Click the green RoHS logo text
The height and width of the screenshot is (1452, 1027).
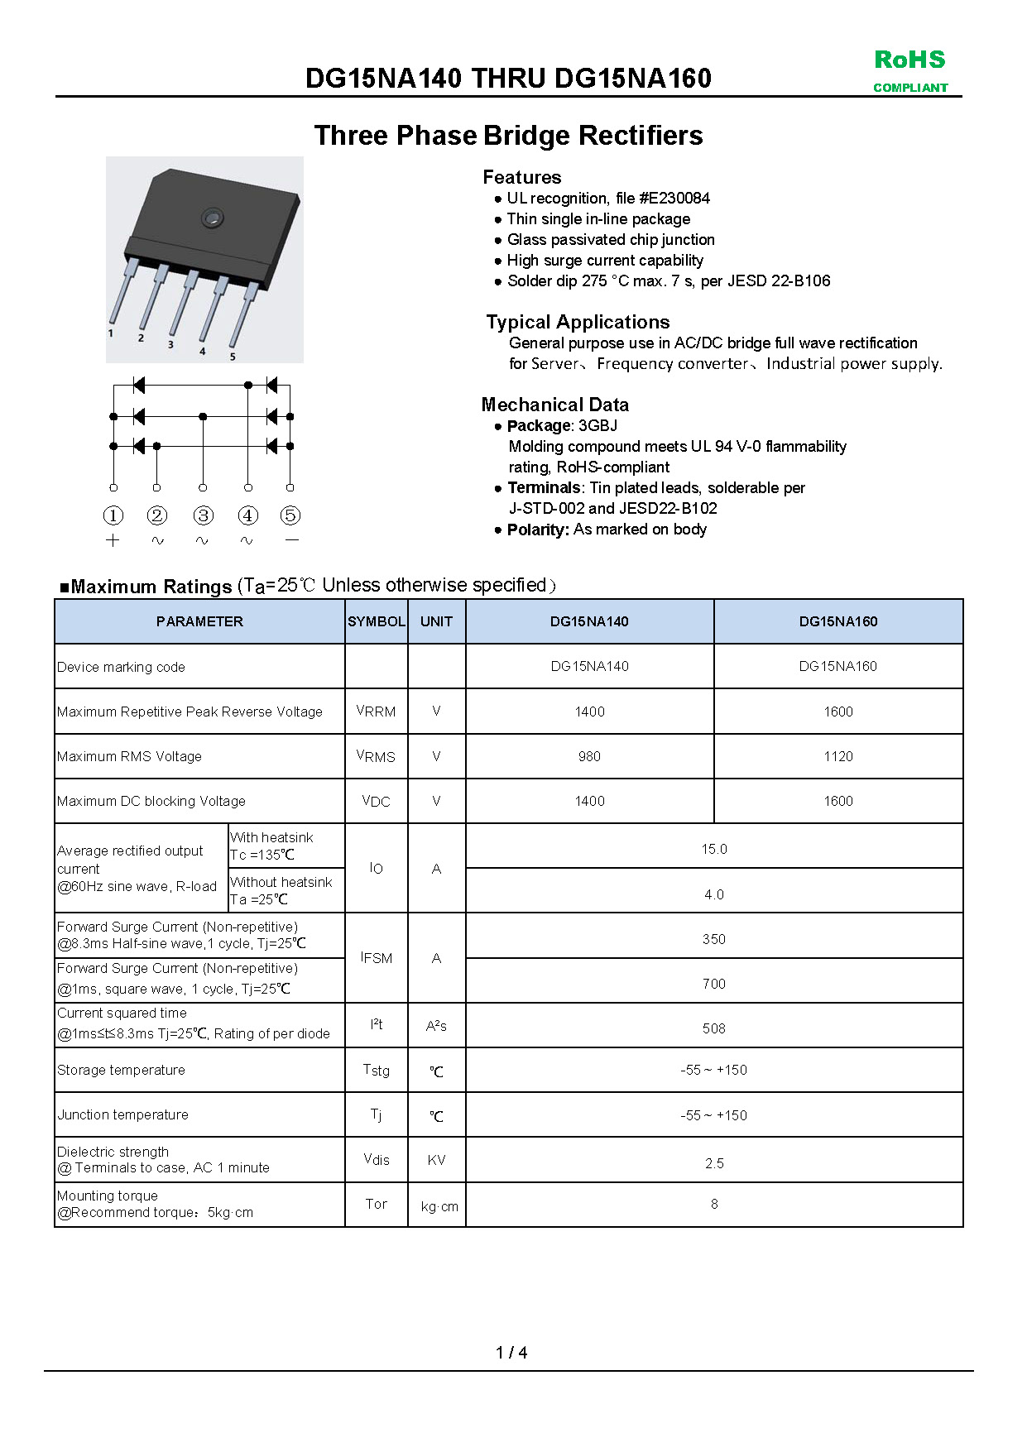coord(909,60)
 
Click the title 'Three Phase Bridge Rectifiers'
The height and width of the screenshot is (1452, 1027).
coord(508,135)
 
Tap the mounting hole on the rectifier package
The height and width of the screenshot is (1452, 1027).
coord(212,218)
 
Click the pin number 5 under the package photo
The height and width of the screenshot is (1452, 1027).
coord(233,357)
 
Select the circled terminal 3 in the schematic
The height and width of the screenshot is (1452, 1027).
coord(203,515)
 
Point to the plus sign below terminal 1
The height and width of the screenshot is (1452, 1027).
coord(113,540)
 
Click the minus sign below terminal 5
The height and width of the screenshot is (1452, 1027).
coord(290,540)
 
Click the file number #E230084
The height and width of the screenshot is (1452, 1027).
coord(674,199)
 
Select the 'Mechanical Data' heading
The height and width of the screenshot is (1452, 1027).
coord(554,405)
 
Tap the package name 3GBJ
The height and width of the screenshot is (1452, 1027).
coord(597,426)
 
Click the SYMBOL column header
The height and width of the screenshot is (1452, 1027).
coord(376,621)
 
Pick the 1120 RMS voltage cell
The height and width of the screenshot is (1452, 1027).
coord(837,756)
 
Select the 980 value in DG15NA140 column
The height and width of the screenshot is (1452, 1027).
coord(589,756)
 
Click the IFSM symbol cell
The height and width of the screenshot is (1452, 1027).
coord(376,957)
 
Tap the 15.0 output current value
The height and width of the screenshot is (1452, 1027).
coord(713,849)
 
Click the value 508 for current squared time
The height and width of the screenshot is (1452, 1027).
coord(713,1028)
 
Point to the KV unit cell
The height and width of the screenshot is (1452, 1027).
coord(436,1160)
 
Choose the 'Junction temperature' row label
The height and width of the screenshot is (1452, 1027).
coord(122,1114)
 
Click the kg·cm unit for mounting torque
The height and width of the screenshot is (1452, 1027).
coord(439,1206)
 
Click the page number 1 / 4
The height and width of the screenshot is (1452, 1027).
coord(511,1353)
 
